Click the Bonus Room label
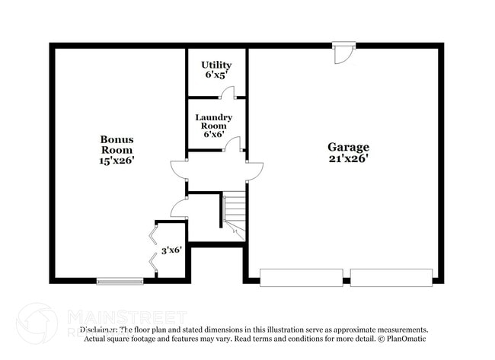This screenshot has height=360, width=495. click(117, 145)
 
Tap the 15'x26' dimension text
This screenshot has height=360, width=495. click(117, 160)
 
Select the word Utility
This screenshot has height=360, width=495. click(216, 65)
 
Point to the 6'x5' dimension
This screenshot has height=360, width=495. click(216, 75)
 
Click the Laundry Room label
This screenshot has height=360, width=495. click(213, 122)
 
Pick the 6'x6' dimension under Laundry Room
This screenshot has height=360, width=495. click(213, 134)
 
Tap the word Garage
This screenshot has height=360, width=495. click(348, 147)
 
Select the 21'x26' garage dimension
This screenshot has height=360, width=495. click(348, 158)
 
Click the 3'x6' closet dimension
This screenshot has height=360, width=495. click(171, 250)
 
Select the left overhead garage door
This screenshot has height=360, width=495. click(301, 277)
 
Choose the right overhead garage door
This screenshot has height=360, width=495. click(391, 277)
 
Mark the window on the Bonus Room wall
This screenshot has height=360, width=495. click(120, 281)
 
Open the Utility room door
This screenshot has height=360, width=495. click(227, 93)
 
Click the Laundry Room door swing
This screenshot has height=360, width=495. click(233, 144)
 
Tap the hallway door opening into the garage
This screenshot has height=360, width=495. click(254, 170)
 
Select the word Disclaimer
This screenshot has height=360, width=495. click(98, 330)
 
